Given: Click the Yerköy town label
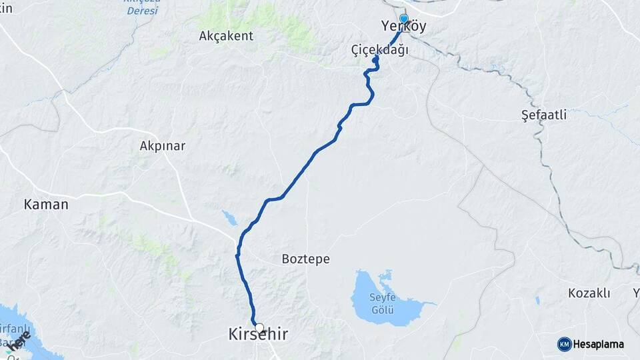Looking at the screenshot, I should click(403, 27).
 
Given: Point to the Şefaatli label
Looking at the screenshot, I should click(544, 115).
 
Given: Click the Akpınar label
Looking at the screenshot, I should click(162, 145).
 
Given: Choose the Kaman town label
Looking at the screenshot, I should click(46, 205).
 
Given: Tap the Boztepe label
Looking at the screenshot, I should click(306, 259).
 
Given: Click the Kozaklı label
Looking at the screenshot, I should click(589, 293).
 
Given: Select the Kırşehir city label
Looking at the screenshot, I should click(259, 335).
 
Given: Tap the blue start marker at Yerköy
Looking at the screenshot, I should click(403, 19).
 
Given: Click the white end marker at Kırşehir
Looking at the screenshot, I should click(259, 328).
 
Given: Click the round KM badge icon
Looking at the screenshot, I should click(564, 344).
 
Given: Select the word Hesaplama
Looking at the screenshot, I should click(599, 345).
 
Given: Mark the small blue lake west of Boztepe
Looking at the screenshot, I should click(229, 217).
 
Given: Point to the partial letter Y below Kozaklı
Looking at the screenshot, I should click(636, 293).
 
